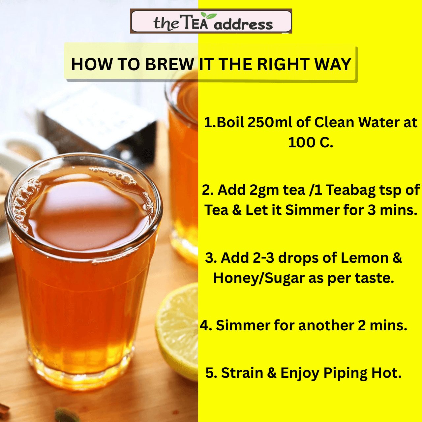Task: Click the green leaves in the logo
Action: [x=208, y=15]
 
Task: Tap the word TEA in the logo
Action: [x=196, y=22]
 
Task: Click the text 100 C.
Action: [x=310, y=142]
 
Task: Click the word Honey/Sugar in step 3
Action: [x=259, y=278]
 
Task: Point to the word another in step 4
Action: [x=326, y=325]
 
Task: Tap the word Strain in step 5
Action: [x=242, y=373]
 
